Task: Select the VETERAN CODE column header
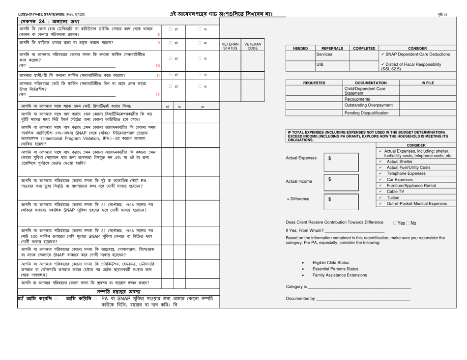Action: point(252,46)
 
